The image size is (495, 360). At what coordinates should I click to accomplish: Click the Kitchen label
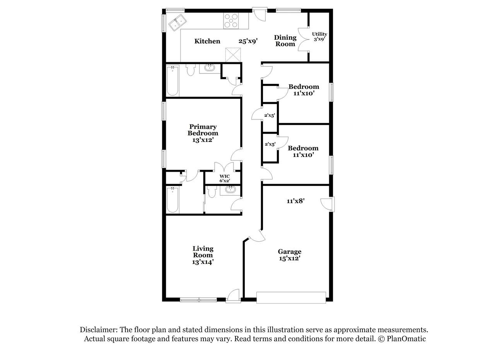coord(207,41)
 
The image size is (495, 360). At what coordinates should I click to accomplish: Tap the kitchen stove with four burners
coord(231,21)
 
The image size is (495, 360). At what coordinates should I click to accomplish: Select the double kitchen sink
coord(178,23)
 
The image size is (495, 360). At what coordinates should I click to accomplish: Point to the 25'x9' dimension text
coord(248,41)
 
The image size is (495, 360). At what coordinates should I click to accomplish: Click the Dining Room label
coord(285,41)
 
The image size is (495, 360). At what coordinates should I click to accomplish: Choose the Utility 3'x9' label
coord(319,37)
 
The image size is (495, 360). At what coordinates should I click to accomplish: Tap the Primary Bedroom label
coord(203,133)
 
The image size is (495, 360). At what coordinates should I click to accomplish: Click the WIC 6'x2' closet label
coord(225,178)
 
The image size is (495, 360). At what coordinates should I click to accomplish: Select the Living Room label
coord(203,255)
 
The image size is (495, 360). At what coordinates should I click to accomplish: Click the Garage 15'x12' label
coord(290,255)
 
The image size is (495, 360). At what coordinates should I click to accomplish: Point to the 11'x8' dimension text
coord(296,201)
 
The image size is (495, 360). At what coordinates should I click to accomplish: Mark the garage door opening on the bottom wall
coord(291,297)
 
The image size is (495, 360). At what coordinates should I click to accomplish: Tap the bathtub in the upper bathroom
coord(172,81)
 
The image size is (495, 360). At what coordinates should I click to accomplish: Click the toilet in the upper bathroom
coord(190,70)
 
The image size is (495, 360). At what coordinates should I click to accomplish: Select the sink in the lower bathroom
coord(230,190)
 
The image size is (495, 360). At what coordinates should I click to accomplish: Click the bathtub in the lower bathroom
coord(172,200)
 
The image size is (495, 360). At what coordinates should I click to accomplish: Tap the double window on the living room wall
coord(198,300)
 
